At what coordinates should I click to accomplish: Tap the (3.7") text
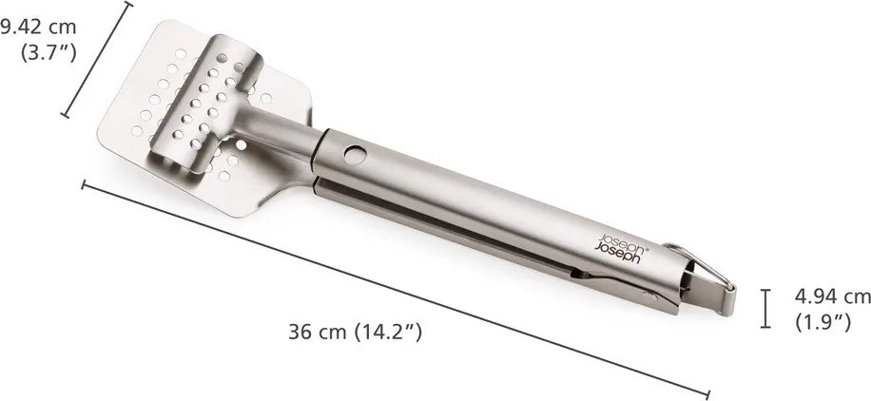pyautogui.click(x=48, y=52)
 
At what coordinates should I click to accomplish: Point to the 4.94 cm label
pyautogui.click(x=832, y=298)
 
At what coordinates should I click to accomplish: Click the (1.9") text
pyautogui.click(x=823, y=322)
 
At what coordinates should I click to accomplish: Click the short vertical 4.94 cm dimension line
pyautogui.click(x=765, y=309)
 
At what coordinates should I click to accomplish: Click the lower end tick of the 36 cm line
pyautogui.click(x=707, y=391)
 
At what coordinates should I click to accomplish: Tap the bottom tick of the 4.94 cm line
pyautogui.click(x=765, y=328)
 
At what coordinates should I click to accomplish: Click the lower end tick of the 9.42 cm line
pyautogui.click(x=66, y=116)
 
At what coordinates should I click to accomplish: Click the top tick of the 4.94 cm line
pyautogui.click(x=765, y=291)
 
